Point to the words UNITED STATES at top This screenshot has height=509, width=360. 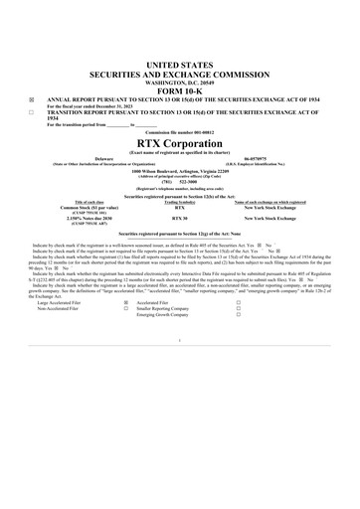pos(179,64)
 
